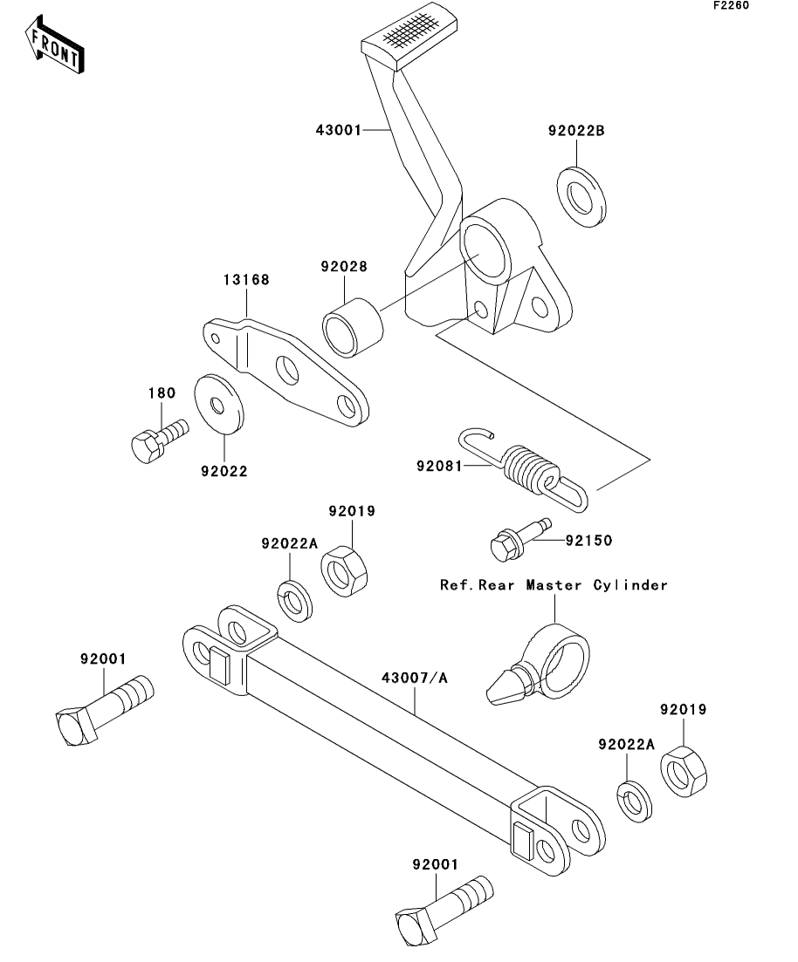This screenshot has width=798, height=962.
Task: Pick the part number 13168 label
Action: (x=244, y=281)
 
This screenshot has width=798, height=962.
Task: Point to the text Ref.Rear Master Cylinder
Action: (x=554, y=585)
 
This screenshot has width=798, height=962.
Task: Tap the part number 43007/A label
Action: (x=414, y=676)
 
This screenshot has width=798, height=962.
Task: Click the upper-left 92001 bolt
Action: (x=101, y=709)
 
